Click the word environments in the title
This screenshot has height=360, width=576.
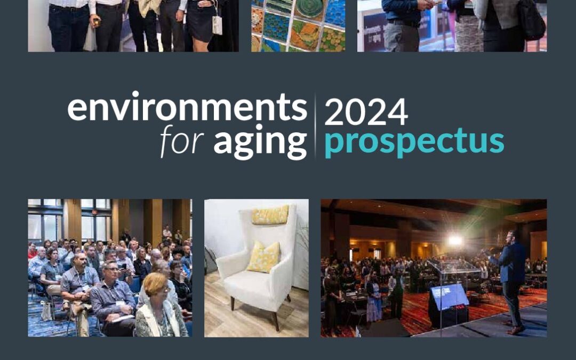pos(187,107)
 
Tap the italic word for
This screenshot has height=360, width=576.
pos(182,141)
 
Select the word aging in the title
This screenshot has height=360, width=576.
pos(260,142)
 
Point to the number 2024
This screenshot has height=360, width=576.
pos(366,111)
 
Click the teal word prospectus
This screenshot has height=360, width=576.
pos(414,142)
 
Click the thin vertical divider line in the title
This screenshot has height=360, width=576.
pos(315,126)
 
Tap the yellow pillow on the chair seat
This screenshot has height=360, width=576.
pos(263,257)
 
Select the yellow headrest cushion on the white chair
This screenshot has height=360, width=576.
pos(270,215)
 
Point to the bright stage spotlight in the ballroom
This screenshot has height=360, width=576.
pos(455,241)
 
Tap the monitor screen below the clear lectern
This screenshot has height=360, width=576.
pos(449,297)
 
